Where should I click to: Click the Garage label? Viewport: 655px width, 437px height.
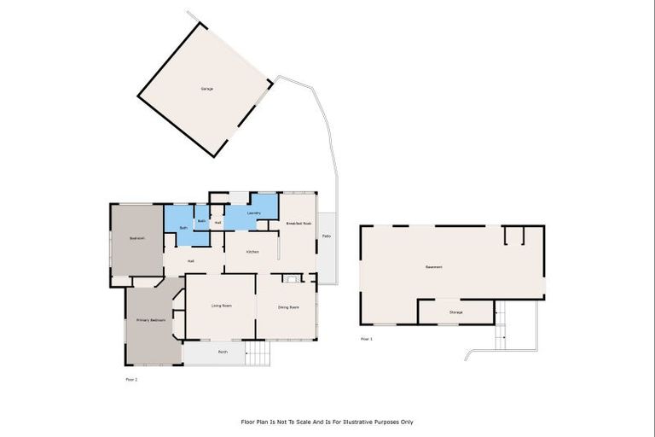pos(206,89)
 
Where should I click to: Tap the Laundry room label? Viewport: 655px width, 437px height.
pos(253,213)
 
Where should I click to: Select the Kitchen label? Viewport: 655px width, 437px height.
pos(252,252)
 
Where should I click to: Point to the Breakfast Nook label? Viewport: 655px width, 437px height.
pos(299,223)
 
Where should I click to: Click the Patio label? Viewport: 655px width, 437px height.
pos(327,236)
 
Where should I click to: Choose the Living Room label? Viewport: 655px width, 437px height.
pos(222,306)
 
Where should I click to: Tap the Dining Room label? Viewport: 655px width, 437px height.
pos(288,306)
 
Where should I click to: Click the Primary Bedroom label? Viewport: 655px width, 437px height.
pos(151,320)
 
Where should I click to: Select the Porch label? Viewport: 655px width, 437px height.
pos(223,352)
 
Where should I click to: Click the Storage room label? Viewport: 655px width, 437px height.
pos(456,312)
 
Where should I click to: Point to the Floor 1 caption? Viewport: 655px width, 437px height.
pos(367,339)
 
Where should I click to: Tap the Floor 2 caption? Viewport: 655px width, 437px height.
pos(131,378)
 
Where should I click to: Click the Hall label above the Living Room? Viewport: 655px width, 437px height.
pos(192,260)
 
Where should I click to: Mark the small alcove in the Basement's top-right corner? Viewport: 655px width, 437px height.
pos(513,236)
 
